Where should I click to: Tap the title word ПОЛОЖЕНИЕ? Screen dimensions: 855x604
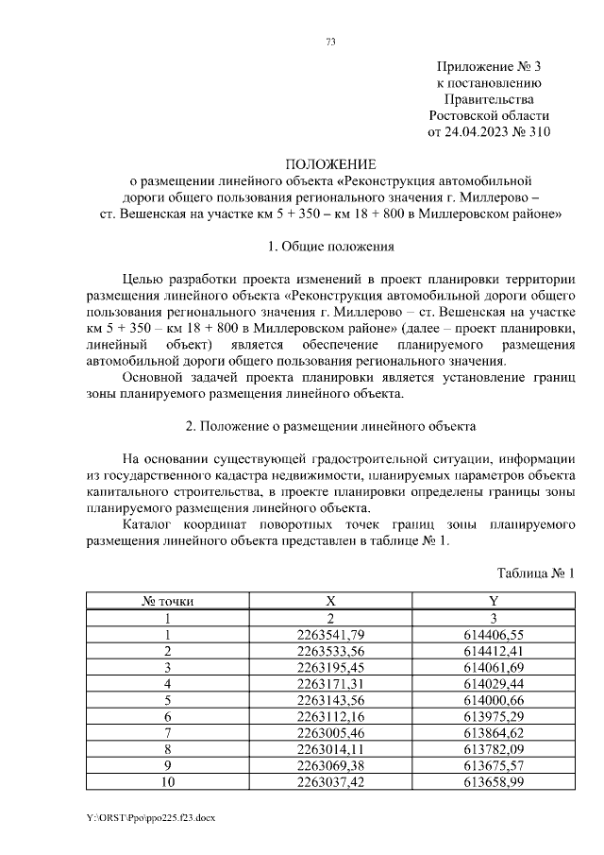[330, 163]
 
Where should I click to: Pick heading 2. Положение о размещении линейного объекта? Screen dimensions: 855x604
[330, 426]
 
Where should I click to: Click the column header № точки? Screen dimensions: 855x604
[167, 601]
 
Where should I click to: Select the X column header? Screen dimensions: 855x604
[330, 601]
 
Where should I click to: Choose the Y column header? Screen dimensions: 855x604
[494, 601]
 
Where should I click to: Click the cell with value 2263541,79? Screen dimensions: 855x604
[330, 634]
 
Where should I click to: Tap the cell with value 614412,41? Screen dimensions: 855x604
[494, 651]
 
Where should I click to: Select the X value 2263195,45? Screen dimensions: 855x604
[330, 667]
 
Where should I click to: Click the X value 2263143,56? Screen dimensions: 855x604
[330, 700]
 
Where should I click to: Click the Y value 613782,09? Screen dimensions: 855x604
[494, 749]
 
